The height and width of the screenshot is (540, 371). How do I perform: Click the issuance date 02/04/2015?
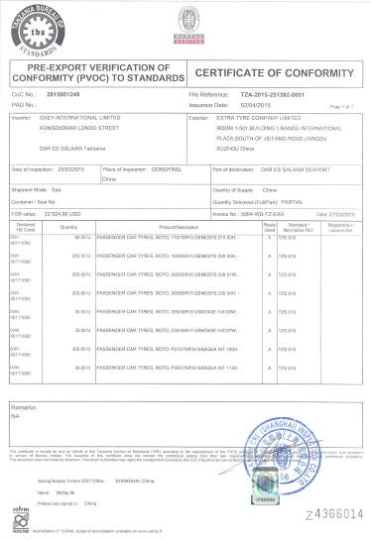[x=254, y=102]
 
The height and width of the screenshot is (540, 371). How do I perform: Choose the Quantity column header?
[x=68, y=227]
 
